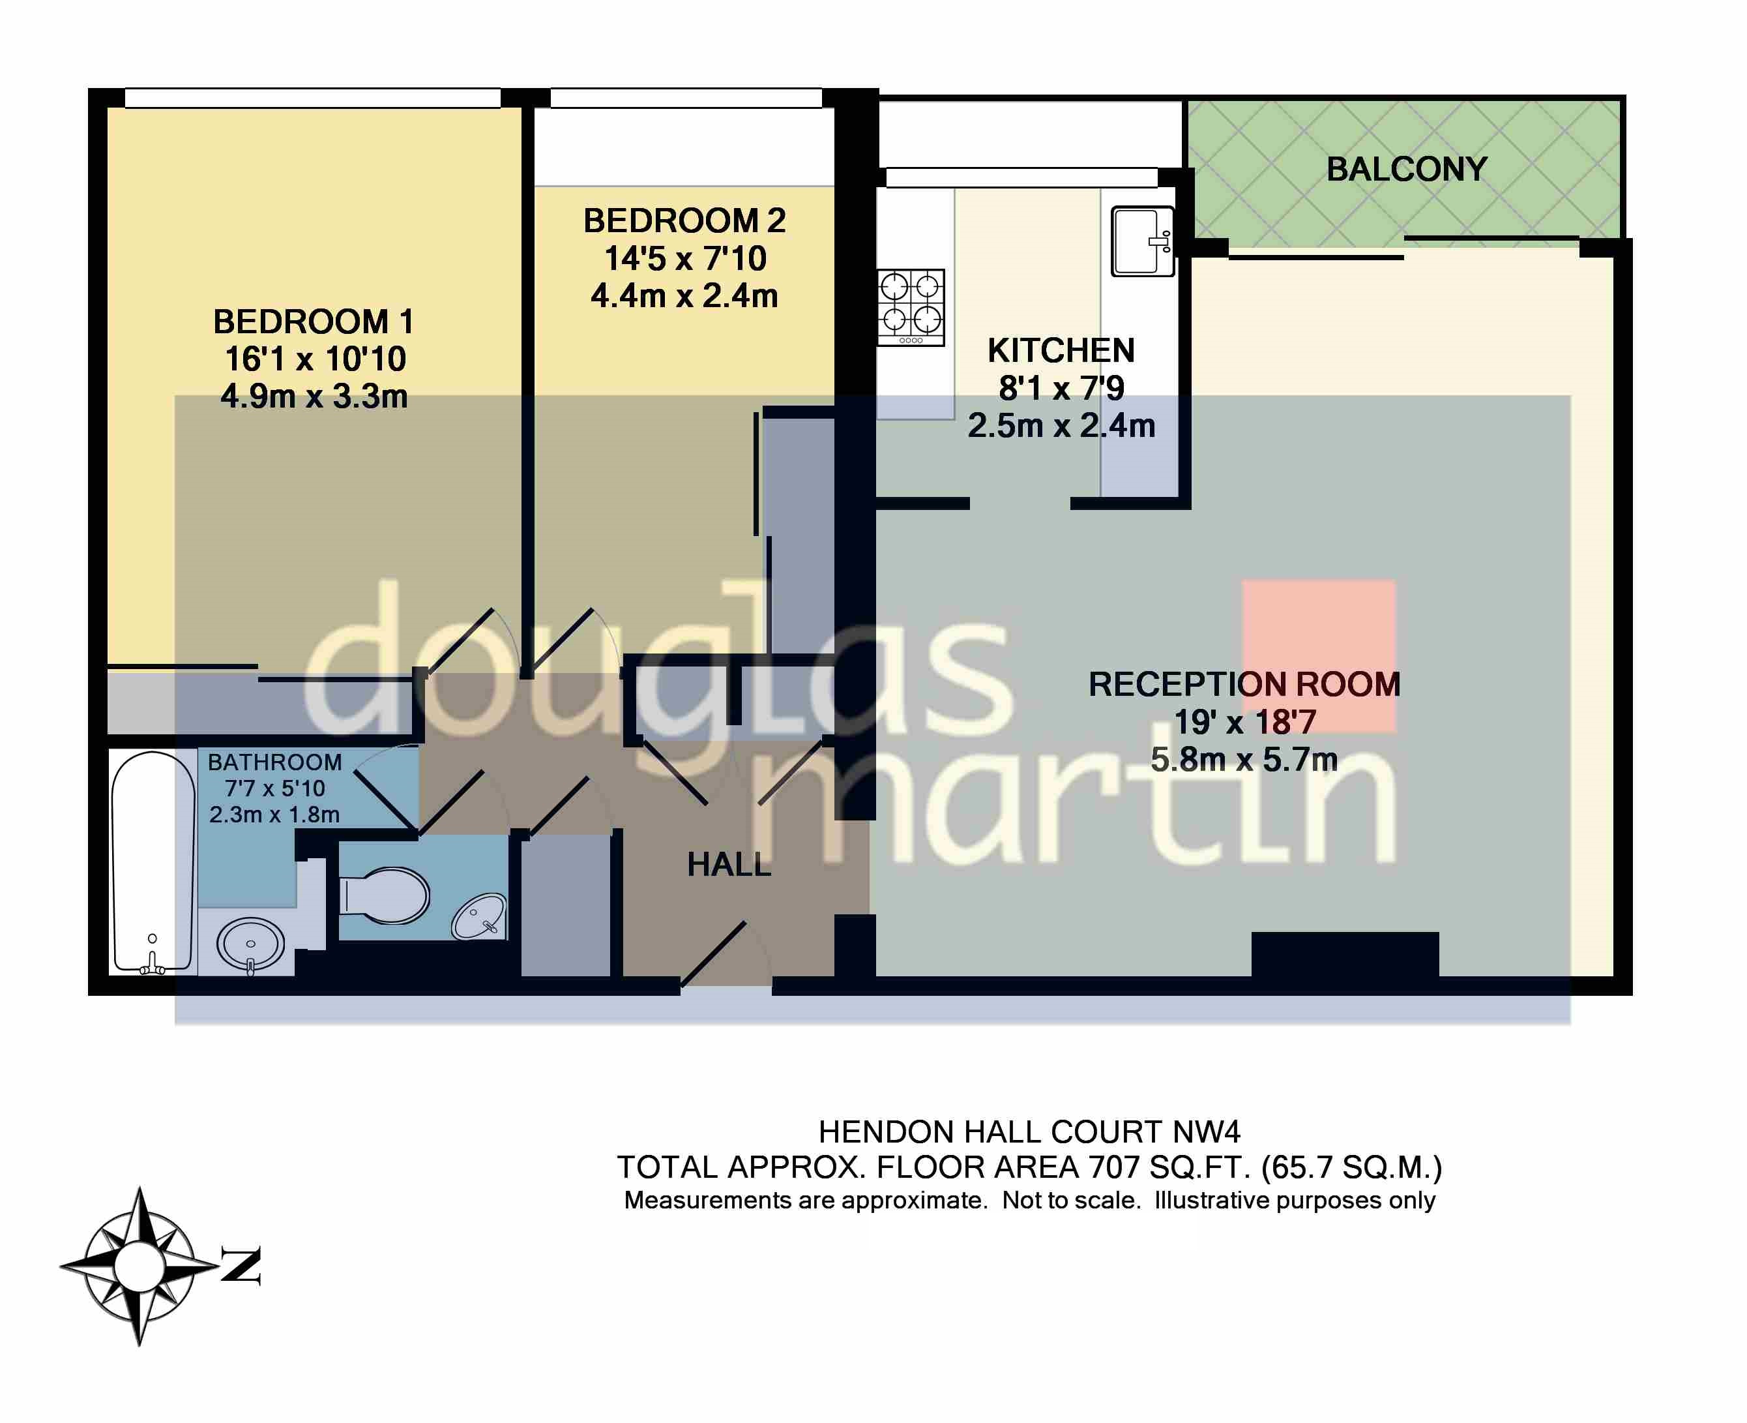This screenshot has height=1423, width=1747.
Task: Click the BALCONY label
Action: pos(1406,170)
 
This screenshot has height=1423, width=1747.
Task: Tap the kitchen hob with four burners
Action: pos(911,307)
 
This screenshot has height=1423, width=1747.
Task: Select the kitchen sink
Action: pos(1141,241)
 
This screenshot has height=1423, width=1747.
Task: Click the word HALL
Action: pos(729,865)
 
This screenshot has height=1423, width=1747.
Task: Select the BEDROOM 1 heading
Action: pos(313,322)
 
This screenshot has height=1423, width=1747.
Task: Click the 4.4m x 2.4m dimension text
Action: pos(684,296)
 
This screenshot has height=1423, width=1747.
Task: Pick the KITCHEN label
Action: pos(1061,351)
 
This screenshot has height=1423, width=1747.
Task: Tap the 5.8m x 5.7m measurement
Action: pos(1243,760)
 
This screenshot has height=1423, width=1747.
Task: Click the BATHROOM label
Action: pos(274,762)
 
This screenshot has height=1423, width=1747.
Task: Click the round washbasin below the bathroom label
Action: pos(251,944)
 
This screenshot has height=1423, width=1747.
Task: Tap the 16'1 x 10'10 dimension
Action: pos(316,359)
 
